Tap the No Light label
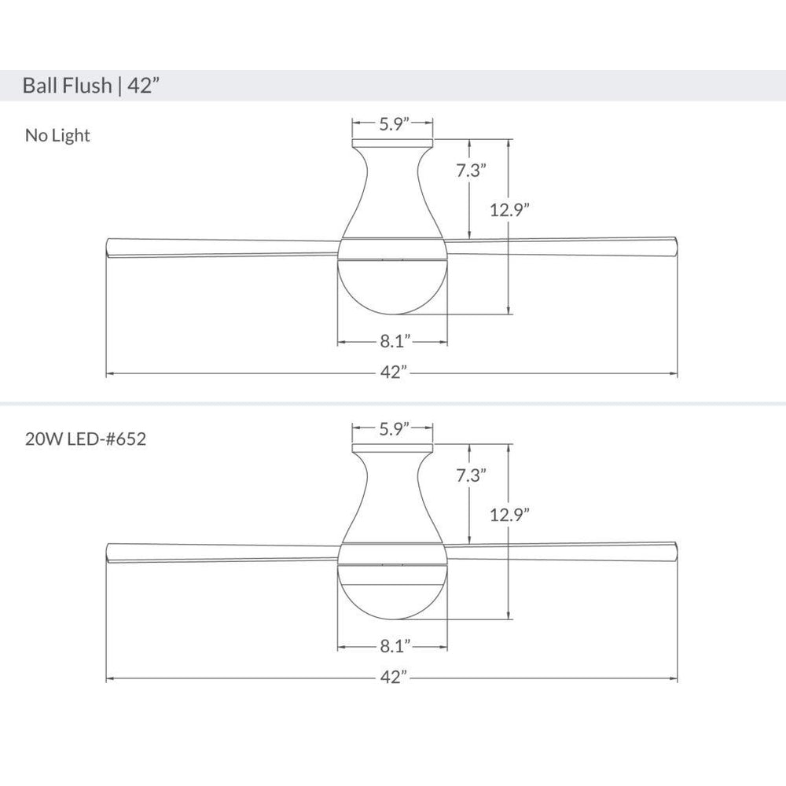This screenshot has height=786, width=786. [x=57, y=135]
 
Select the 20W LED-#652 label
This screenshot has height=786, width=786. [x=86, y=439]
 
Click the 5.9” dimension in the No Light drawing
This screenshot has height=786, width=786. [x=395, y=123]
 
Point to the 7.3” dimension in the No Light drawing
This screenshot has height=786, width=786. [x=471, y=171]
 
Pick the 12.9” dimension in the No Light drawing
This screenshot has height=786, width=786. [x=509, y=210]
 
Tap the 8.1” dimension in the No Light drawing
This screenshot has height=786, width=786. [x=395, y=341]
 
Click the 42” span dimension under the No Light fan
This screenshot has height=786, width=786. [x=394, y=373]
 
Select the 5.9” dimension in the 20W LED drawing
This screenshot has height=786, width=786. [x=395, y=428]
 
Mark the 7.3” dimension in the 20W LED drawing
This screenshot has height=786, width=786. [x=471, y=476]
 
